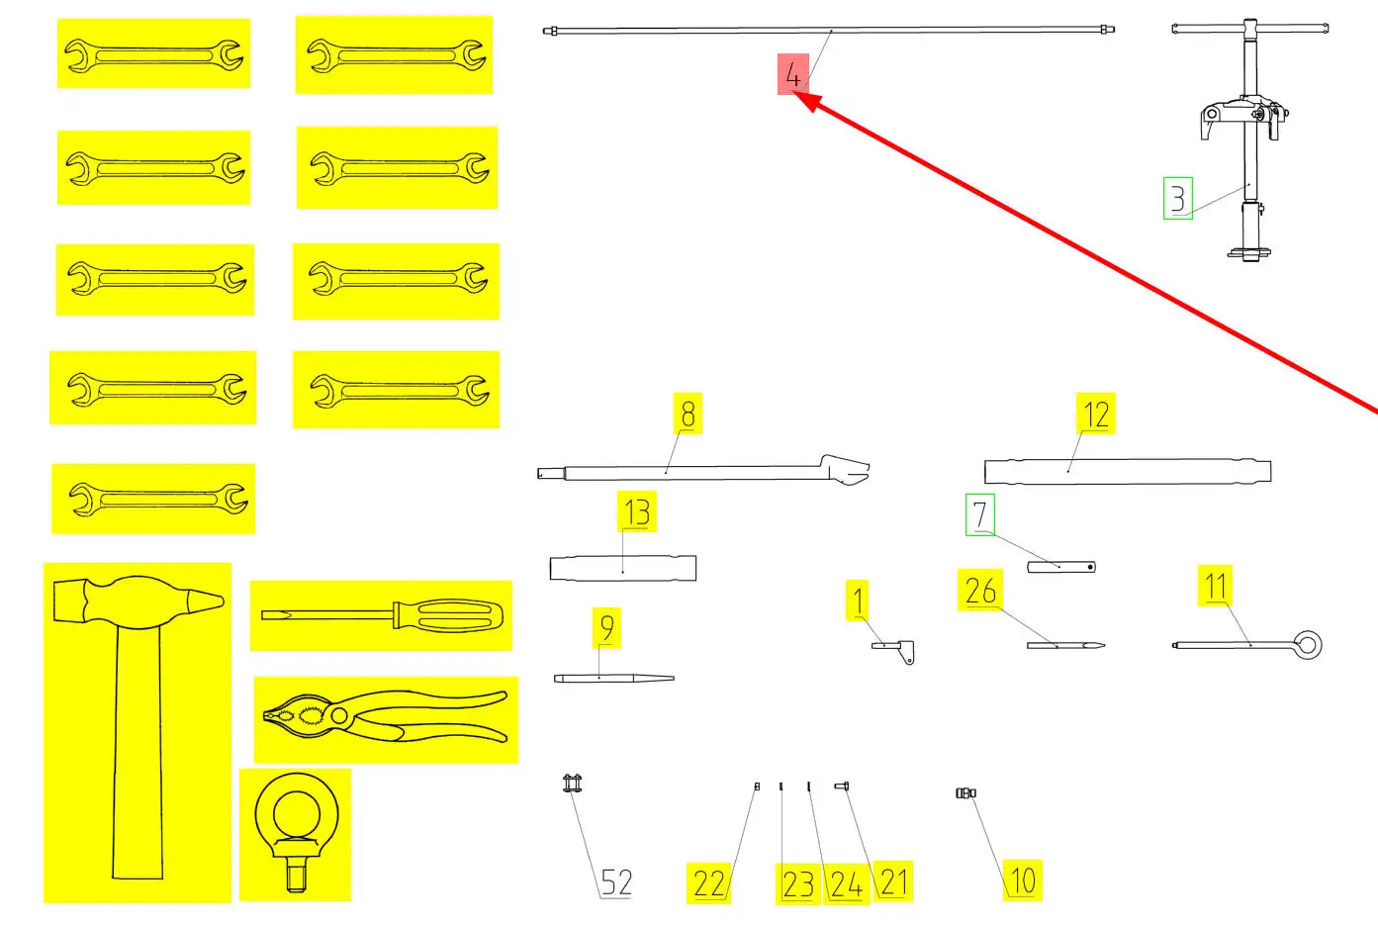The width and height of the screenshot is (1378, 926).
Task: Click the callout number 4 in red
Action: click(792, 74)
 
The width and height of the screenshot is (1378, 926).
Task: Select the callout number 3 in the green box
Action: click(1177, 198)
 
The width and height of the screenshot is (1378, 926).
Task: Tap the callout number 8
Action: click(688, 414)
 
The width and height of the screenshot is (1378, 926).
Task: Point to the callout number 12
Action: click(1095, 415)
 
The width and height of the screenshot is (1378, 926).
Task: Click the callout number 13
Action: click(636, 511)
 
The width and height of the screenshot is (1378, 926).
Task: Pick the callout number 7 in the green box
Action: click(979, 514)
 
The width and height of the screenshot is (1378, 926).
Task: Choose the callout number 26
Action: click(980, 591)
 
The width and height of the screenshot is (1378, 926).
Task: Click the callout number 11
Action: click(1216, 586)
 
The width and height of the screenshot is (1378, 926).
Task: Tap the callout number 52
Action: click(616, 881)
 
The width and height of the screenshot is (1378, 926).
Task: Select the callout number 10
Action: click(1022, 880)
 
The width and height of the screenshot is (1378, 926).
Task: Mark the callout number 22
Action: click(709, 882)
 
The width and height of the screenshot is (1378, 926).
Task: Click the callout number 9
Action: click(606, 627)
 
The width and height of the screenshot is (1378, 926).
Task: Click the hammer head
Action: click(138, 600)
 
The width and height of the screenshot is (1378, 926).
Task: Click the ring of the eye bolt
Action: click(296, 813)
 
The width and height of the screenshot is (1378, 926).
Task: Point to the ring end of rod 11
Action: click(1308, 645)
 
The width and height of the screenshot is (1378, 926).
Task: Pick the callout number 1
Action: click(858, 601)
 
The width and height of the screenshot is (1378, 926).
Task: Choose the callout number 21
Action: click(893, 880)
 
